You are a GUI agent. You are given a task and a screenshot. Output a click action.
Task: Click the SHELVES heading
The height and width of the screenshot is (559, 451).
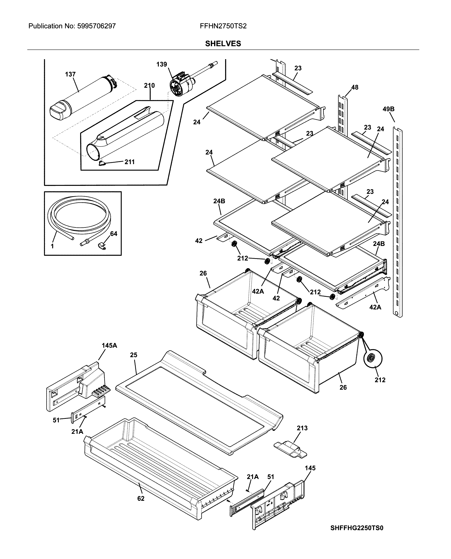click(x=223, y=44)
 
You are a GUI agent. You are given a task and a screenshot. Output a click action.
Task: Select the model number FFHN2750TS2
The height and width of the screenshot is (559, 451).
click(x=223, y=26)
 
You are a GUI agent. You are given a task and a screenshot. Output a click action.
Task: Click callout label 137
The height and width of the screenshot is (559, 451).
click(x=70, y=74)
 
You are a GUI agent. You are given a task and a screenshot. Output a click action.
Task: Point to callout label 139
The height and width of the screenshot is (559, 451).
click(x=162, y=64)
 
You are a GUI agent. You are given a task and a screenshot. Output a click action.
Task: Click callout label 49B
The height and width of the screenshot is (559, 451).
click(x=388, y=109)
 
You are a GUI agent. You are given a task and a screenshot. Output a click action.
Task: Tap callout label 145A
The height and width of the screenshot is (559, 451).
click(x=109, y=346)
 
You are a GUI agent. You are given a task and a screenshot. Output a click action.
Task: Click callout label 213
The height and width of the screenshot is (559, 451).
click(x=302, y=428)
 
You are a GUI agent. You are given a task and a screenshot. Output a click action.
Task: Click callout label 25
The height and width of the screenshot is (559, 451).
click(x=134, y=355)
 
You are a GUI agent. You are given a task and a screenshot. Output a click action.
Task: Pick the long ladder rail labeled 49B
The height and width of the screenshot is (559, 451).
click(x=398, y=221)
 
